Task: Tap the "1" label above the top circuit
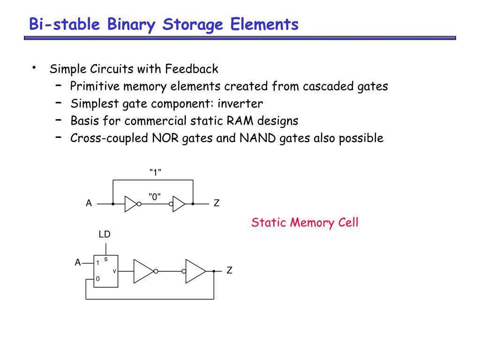point(155,172)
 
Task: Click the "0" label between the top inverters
point(155,197)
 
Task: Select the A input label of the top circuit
point(88,204)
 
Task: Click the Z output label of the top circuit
point(216,204)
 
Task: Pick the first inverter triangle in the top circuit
point(130,204)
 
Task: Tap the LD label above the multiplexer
point(105,234)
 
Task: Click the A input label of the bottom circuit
point(78,262)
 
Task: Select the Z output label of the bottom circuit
point(229,271)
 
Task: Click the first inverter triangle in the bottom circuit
point(143,271)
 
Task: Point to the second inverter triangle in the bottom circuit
point(195,271)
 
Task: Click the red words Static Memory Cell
point(305,222)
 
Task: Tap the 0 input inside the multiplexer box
point(97,279)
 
